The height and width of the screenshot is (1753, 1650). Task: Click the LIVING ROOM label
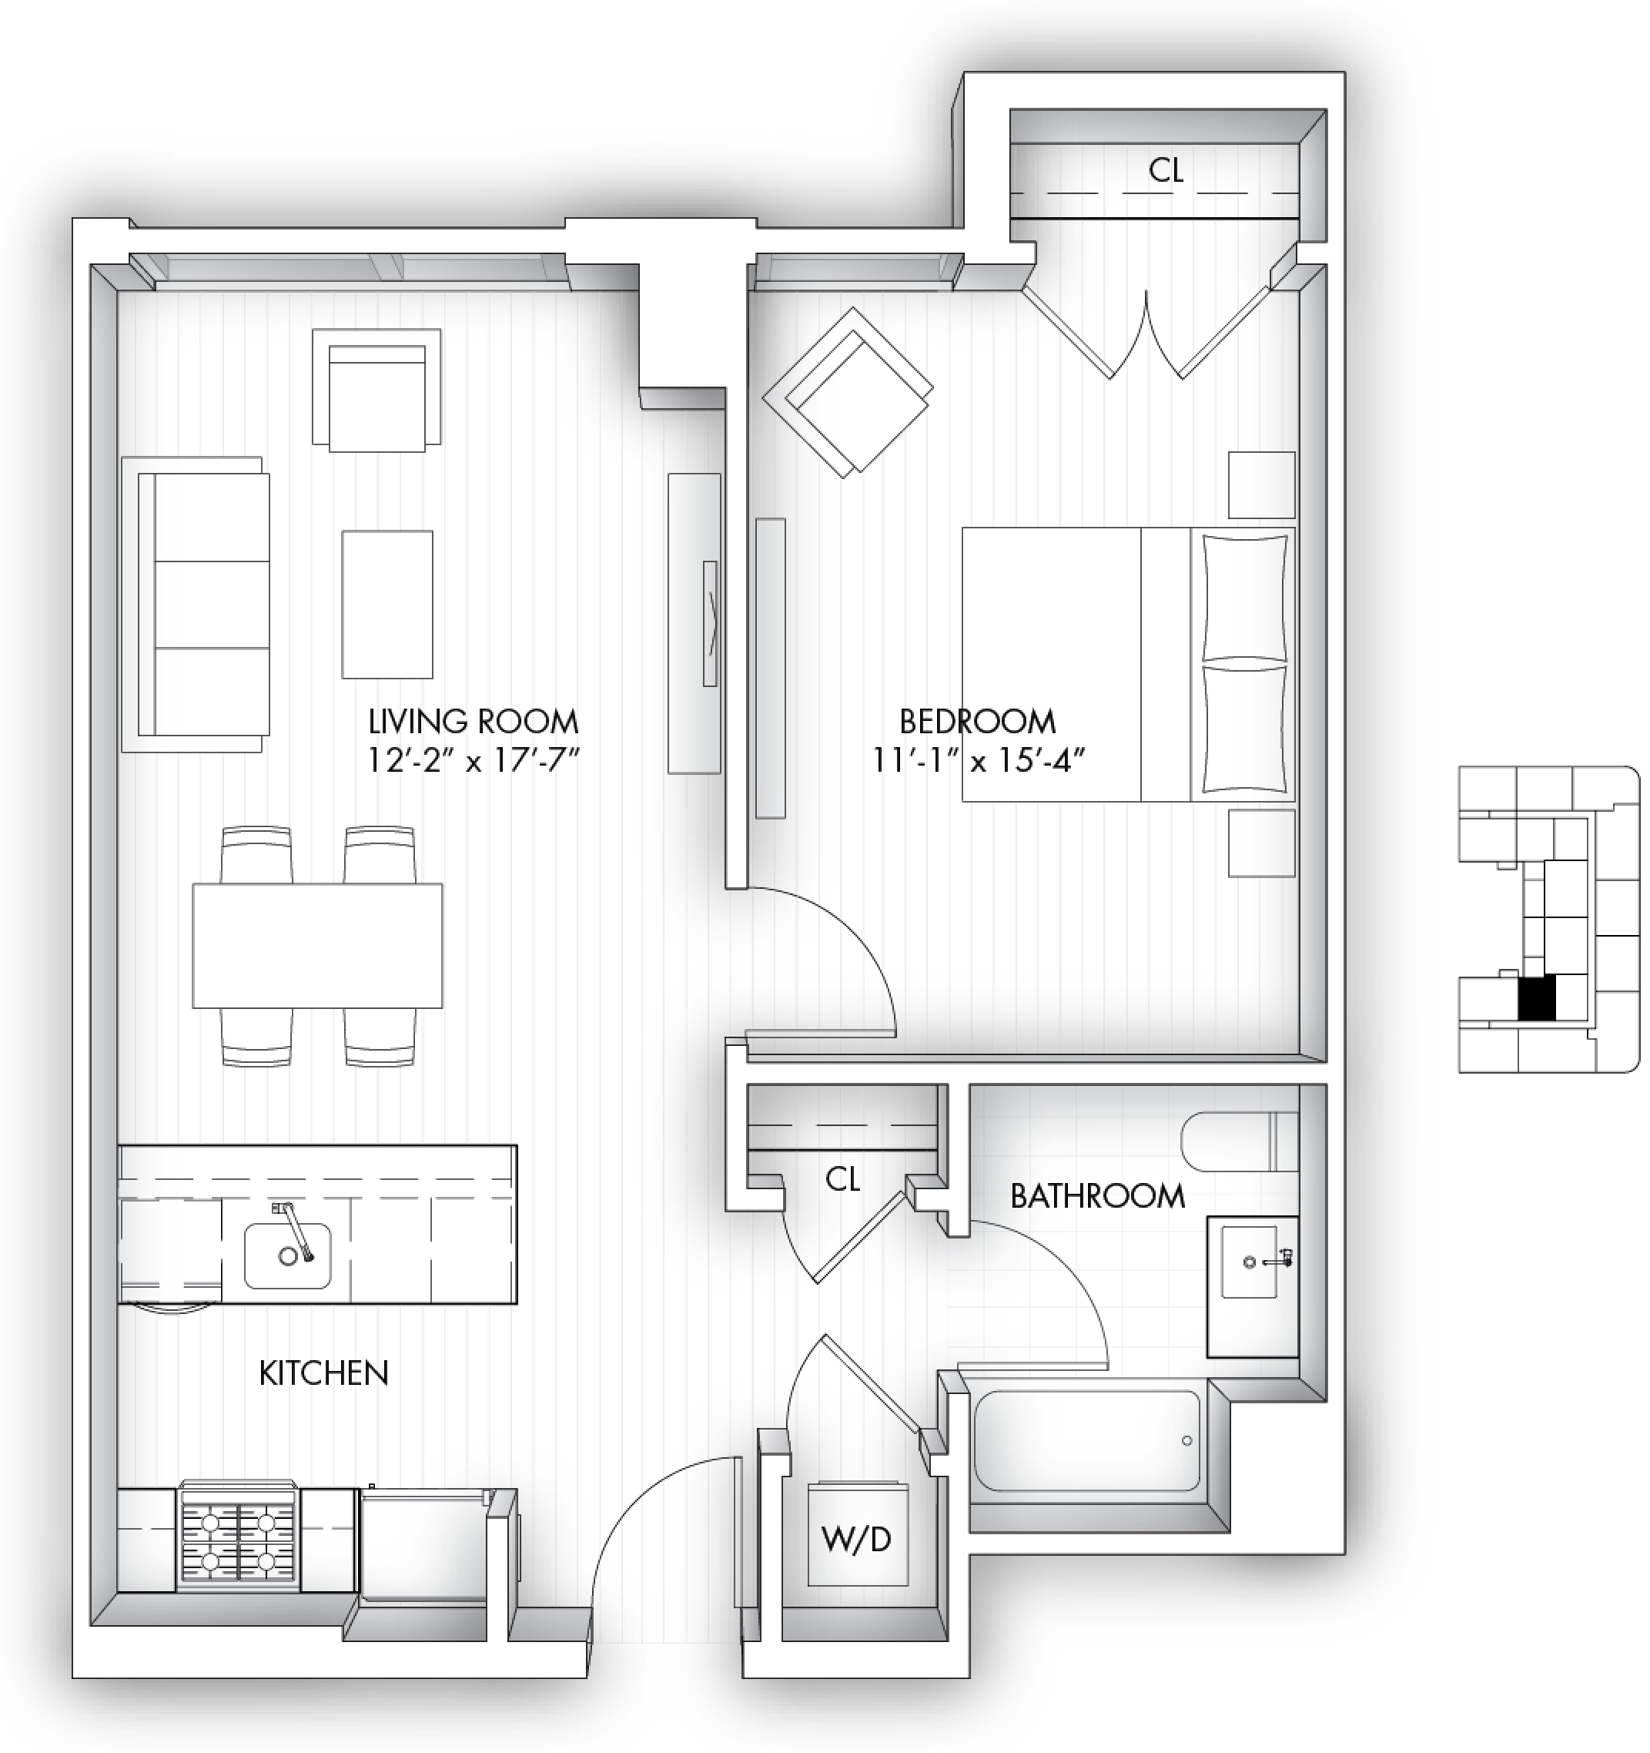[474, 722]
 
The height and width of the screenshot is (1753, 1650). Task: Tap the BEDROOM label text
[978, 722]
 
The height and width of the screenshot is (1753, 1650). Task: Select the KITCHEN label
[323, 1373]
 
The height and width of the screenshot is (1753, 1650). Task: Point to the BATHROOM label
[1097, 1197]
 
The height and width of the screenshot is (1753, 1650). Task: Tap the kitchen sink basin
[287, 1255]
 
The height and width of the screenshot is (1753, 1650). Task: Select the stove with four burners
[237, 1539]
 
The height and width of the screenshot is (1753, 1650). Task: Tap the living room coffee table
[387, 604]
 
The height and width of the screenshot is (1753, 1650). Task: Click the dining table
[317, 945]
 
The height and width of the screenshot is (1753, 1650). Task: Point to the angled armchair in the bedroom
[848, 392]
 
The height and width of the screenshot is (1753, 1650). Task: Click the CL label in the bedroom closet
[1165, 170]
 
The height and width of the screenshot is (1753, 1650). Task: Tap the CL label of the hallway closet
[842, 1179]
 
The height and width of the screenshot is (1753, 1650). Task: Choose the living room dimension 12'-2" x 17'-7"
[474, 759]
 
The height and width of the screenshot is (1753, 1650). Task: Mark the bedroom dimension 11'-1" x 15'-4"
[978, 759]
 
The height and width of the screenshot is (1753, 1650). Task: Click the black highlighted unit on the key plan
[1536, 998]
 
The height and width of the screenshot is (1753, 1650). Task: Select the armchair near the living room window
[377, 390]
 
